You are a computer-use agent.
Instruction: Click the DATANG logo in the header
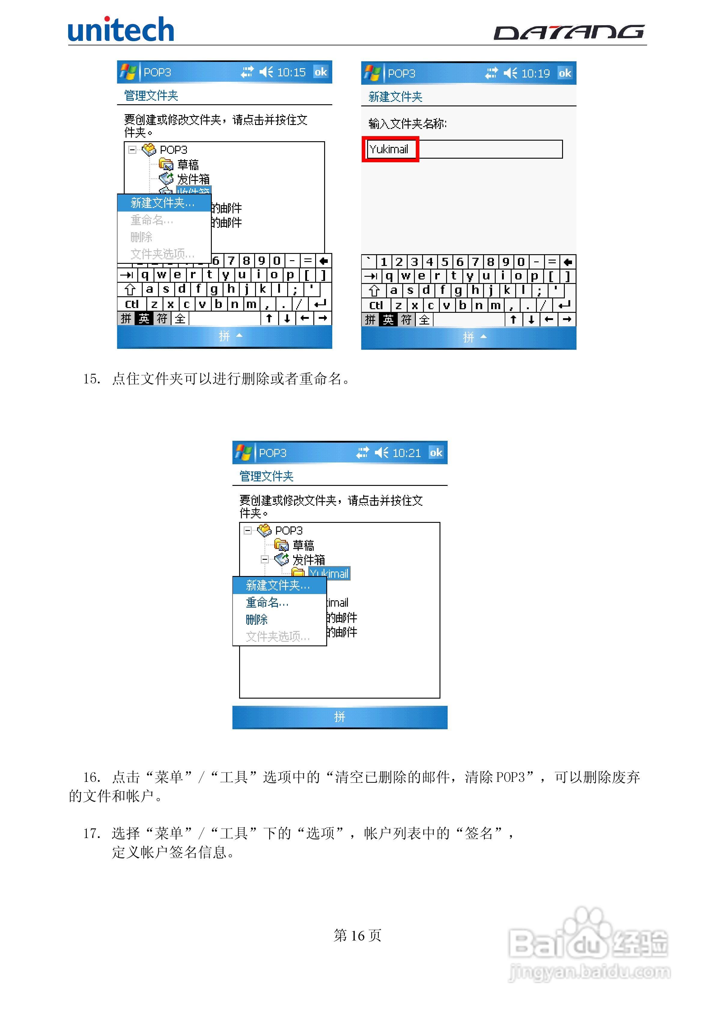tap(569, 32)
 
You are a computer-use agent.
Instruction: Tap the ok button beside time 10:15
tap(321, 72)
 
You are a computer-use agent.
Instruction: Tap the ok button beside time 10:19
tap(565, 73)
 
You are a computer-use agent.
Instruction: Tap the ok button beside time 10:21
tap(436, 453)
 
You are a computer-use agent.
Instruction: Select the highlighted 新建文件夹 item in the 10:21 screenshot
tap(278, 585)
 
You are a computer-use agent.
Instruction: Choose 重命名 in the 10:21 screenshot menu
tap(267, 602)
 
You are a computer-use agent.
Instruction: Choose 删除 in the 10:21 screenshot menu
tap(257, 620)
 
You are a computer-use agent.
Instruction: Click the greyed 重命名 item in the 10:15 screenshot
tap(152, 220)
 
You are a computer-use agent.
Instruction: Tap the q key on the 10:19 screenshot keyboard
tap(389, 276)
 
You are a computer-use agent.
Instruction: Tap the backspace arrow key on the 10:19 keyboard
tap(568, 262)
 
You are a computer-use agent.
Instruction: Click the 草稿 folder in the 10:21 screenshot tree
tap(303, 545)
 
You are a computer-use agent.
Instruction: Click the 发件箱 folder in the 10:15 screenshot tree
tap(193, 179)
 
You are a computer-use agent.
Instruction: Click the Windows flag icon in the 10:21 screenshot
tap(243, 453)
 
